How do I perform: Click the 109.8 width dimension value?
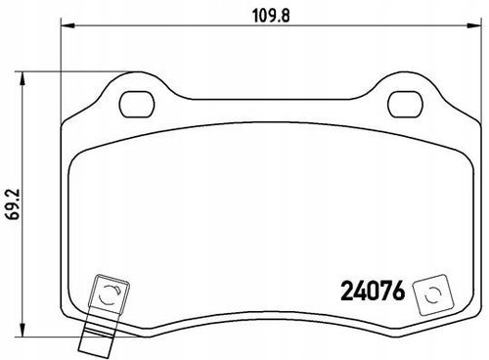271,16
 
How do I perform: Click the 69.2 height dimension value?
15,204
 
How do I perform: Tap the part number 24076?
373,291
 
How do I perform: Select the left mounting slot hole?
137,105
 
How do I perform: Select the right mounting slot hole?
405,105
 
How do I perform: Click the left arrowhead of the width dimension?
68,25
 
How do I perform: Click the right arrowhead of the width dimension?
473,25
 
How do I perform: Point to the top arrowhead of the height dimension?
22,79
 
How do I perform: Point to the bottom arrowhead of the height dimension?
22,330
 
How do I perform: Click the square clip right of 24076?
433,294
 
